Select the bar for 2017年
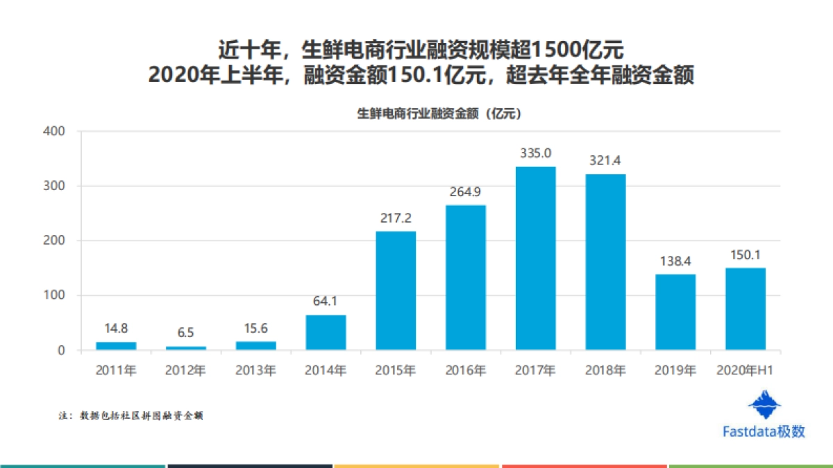pos(535,258)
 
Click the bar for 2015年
pos(396,291)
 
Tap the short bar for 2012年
pos(185,348)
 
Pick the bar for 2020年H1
pos(746,309)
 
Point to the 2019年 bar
pos(675,312)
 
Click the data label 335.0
pos(535,153)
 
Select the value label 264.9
pos(465,192)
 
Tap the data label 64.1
pos(326,302)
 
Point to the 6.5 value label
pos(185,333)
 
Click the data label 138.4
pos(675,261)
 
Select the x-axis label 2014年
pos(326,371)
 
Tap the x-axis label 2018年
pos(605,371)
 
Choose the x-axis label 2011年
pos(116,371)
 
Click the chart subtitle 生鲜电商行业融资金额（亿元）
pos(439,114)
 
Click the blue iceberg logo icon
pos(764,405)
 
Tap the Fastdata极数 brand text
pos(764,431)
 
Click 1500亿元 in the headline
pos(580,50)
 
